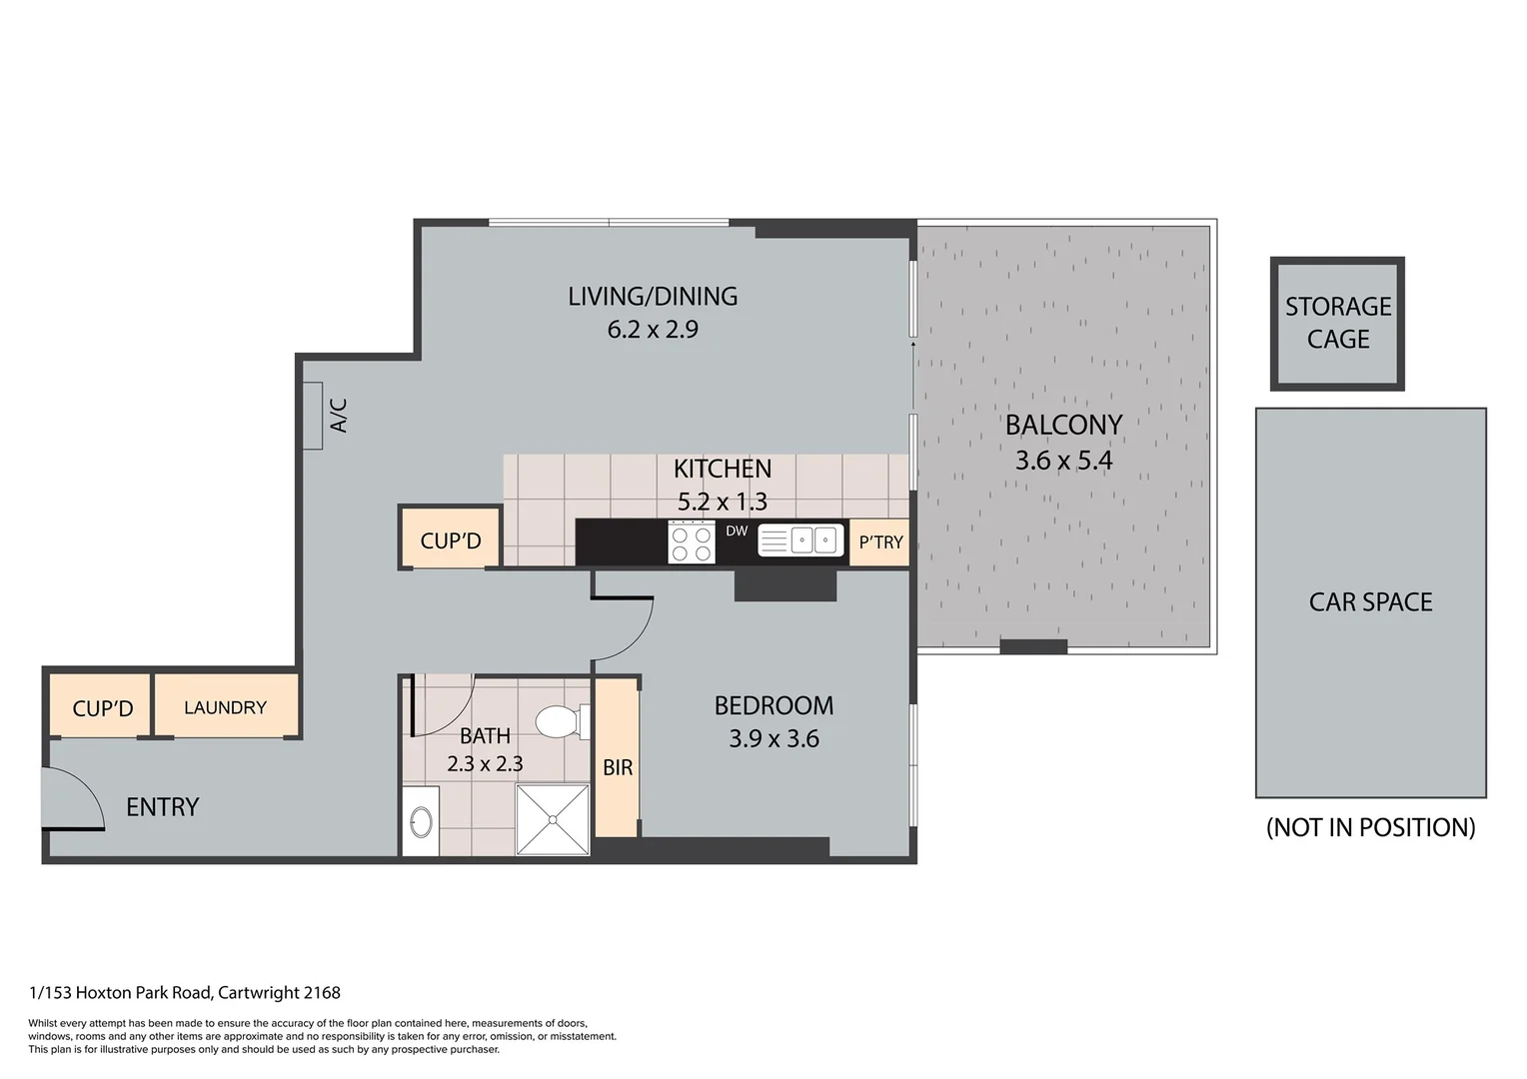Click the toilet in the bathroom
(x=563, y=722)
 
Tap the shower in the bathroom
(x=553, y=819)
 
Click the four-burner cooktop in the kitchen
(x=692, y=542)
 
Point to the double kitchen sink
(x=801, y=540)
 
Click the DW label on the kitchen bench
(x=737, y=531)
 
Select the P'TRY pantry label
(x=880, y=542)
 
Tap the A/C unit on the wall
(x=313, y=416)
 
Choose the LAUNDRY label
(x=225, y=707)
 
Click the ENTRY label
(x=162, y=807)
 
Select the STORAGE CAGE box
(x=1337, y=324)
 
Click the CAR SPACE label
(x=1370, y=601)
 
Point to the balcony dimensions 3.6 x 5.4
(x=1063, y=461)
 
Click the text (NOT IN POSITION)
(x=1370, y=827)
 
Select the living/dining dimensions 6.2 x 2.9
(x=653, y=330)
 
